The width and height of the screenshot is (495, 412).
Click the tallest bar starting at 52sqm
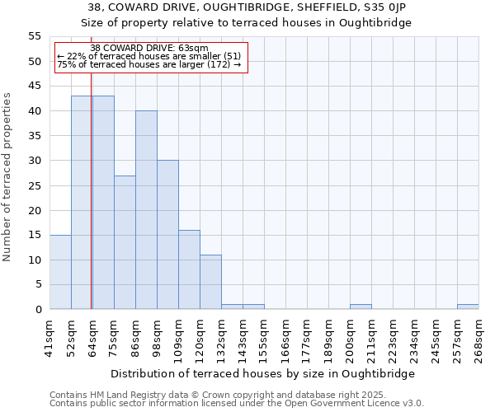[81, 203]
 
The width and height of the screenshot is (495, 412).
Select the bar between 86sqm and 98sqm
[146, 210]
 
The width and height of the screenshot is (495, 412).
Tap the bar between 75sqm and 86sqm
[125, 242]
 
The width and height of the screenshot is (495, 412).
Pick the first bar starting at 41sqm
[60, 272]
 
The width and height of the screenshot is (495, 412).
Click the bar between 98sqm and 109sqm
[167, 235]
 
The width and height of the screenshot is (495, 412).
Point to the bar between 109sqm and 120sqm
[189, 269]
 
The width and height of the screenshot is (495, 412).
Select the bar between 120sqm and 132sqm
[210, 282]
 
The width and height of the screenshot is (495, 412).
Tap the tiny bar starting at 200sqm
[361, 307]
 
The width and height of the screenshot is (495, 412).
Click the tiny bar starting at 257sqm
[468, 307]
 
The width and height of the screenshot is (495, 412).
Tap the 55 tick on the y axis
[35, 36]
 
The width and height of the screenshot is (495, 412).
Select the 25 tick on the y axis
[35, 185]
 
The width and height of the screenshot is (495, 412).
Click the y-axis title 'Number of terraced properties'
[7, 177]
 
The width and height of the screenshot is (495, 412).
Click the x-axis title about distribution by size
[264, 373]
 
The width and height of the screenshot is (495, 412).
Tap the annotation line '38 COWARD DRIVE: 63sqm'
[149, 49]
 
